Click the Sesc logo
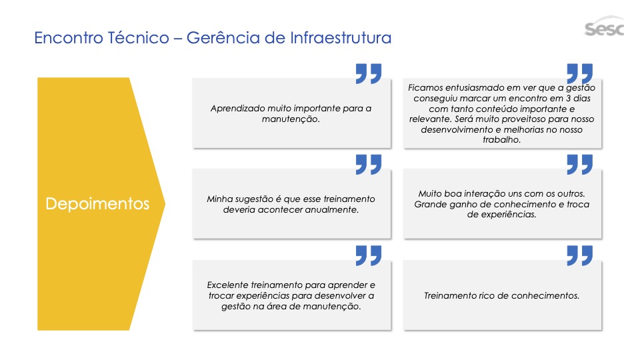(x=604, y=27)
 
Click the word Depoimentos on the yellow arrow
(x=97, y=204)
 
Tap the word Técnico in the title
(x=139, y=37)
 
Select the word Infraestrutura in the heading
(x=341, y=37)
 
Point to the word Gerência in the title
(x=223, y=37)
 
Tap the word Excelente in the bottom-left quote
(x=227, y=285)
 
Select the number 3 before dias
(x=568, y=99)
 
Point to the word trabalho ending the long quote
(x=501, y=140)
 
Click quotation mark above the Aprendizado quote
(x=369, y=73)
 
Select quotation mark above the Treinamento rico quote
(x=579, y=255)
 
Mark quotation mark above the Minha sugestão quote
(x=369, y=165)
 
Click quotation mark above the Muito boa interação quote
(x=579, y=165)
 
